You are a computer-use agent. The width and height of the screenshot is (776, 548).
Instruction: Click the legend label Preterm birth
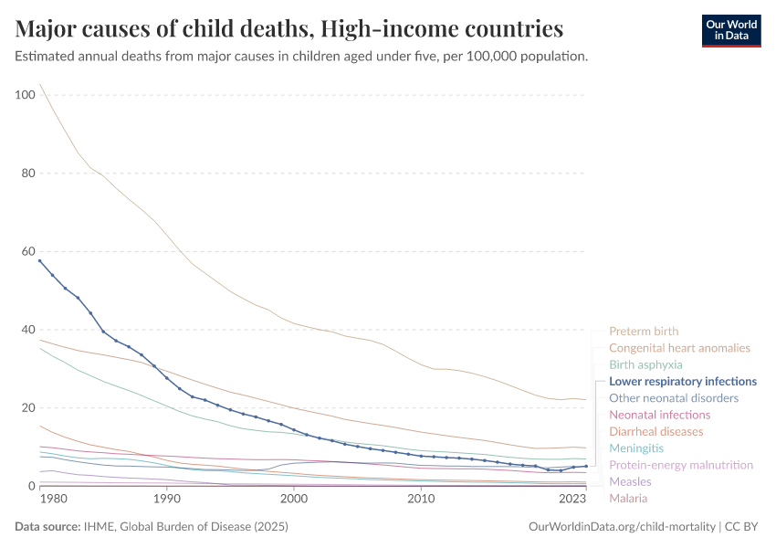pos(644,332)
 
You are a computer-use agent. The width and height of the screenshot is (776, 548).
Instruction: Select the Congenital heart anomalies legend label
pos(679,348)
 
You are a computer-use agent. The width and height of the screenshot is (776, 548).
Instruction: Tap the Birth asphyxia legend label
pos(645,364)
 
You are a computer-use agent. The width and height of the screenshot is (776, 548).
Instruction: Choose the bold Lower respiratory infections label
pos(683,381)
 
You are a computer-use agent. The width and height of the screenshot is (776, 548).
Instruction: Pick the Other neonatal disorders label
pos(673,398)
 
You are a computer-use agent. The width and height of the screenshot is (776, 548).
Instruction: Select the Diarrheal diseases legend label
pos(655,431)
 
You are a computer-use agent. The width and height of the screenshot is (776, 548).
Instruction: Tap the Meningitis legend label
pos(636,448)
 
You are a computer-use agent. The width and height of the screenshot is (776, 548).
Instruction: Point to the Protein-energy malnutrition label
pos(681,465)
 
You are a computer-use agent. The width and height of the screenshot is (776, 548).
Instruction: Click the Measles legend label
pos(630,481)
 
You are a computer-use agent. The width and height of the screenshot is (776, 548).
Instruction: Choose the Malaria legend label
pos(628,499)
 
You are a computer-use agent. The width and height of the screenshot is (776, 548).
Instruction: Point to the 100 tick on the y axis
pos(25,95)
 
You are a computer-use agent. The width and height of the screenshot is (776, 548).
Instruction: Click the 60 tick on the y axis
pos(27,251)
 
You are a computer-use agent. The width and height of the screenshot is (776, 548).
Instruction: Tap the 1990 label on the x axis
pos(166,500)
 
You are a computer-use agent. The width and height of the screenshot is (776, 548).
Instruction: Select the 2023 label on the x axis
pos(572,500)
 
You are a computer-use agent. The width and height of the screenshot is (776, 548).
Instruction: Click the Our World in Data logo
pos(730,30)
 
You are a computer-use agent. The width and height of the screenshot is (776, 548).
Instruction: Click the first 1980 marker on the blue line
pos(39,260)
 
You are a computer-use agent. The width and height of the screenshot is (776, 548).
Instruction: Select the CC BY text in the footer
pos(744,528)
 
